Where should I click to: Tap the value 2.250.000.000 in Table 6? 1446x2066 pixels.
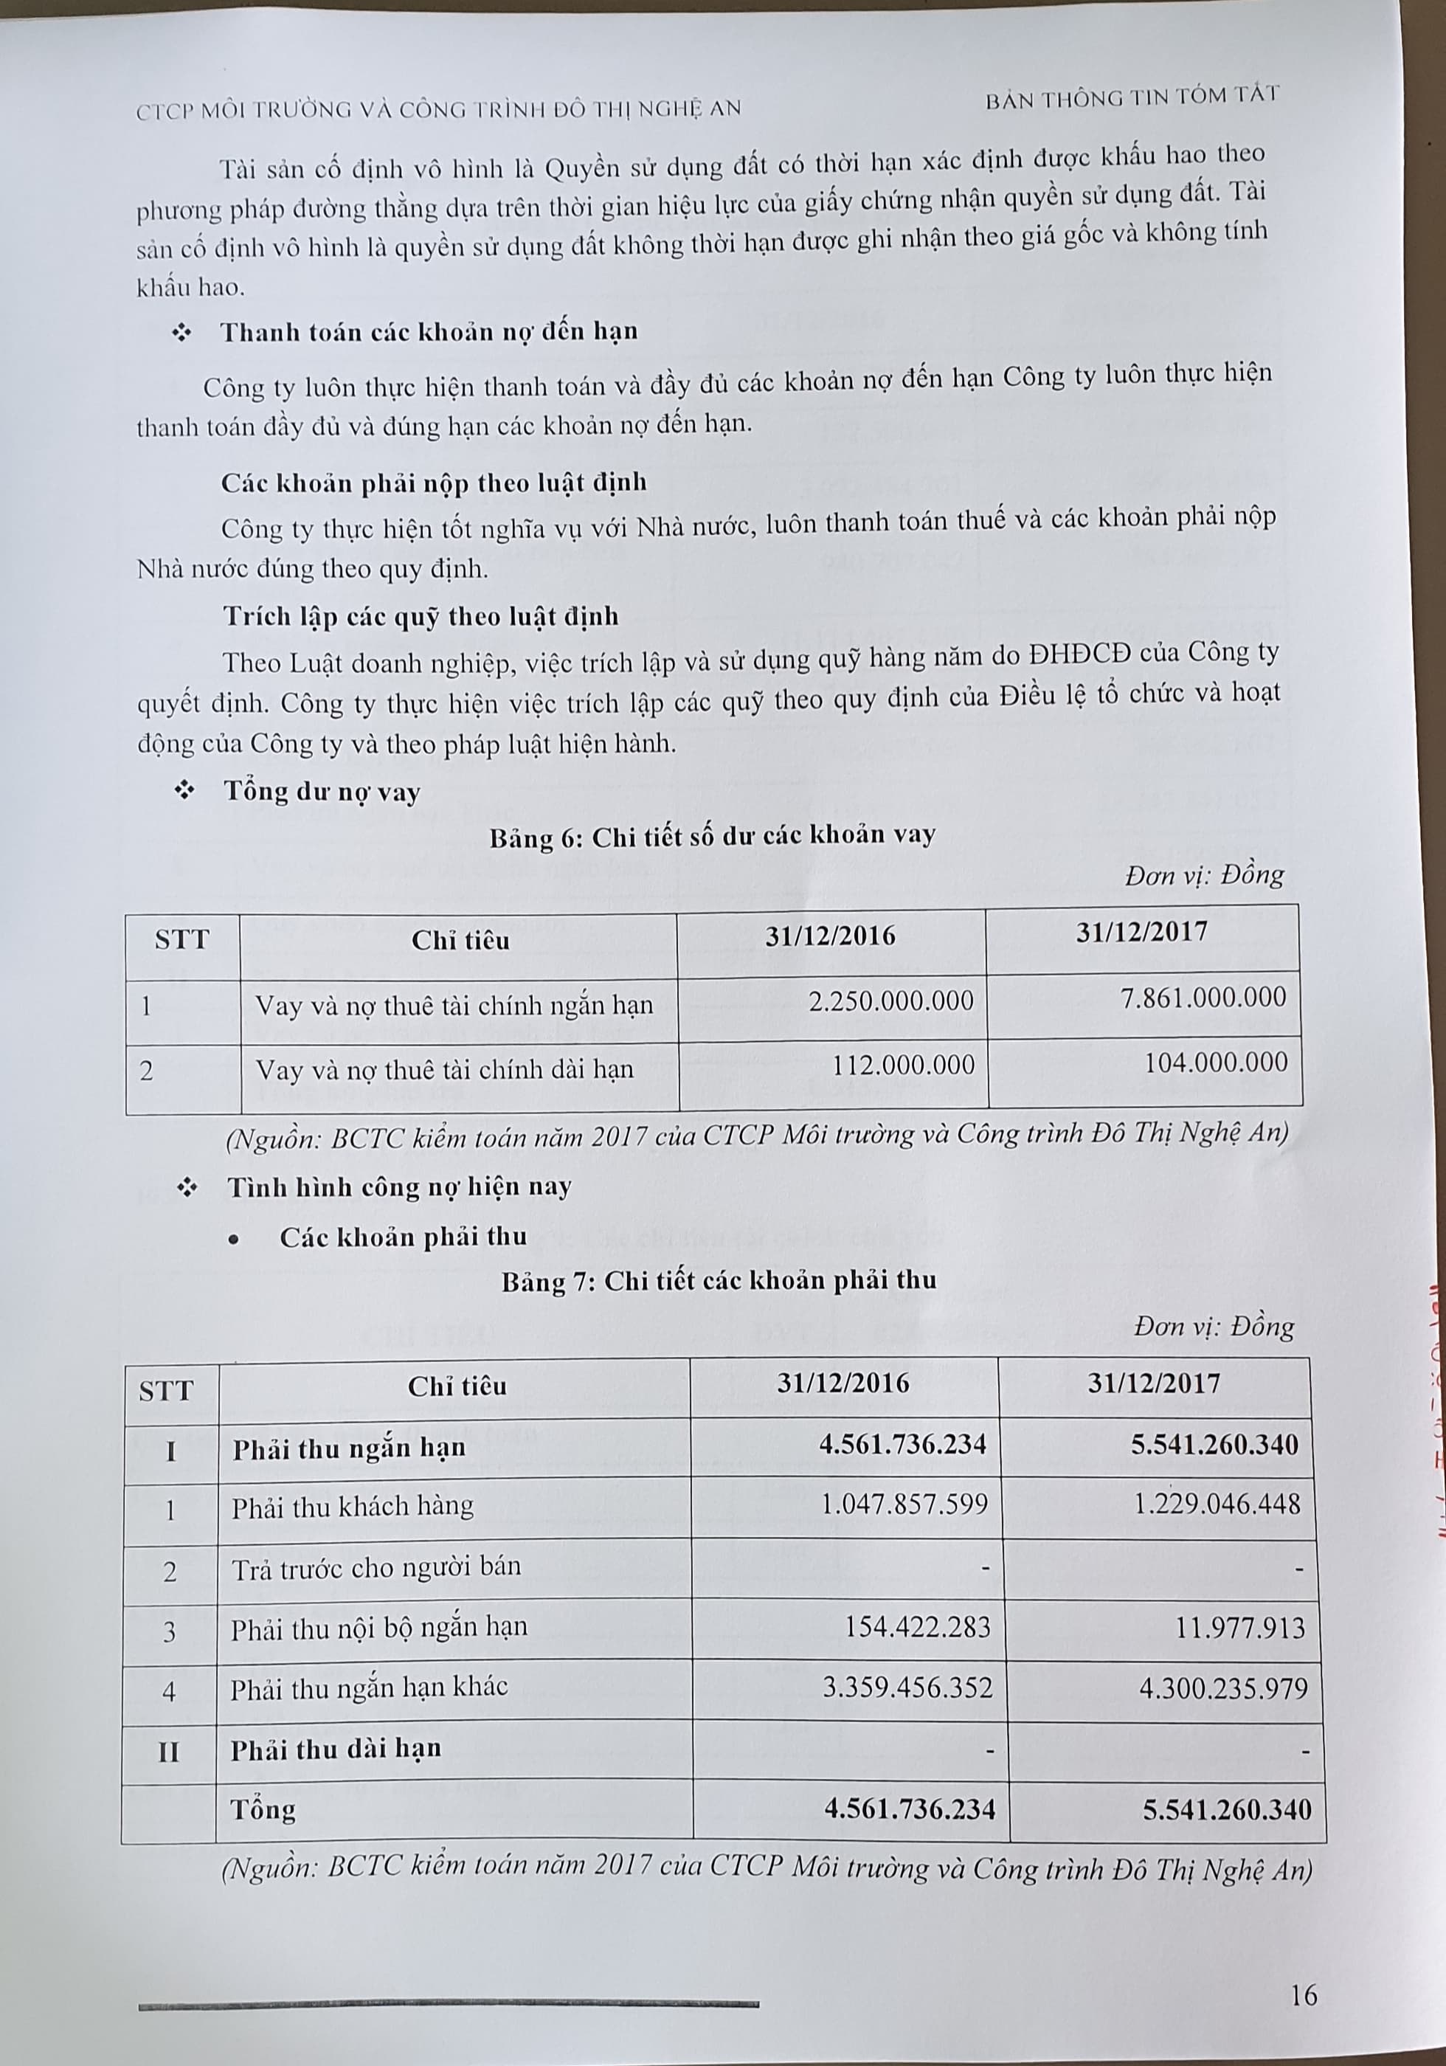[x=890, y=1001]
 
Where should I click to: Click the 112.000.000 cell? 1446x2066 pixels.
[x=902, y=1065]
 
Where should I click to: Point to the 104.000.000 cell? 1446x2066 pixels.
[x=1216, y=1063]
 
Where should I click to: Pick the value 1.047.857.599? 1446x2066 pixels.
[x=904, y=1503]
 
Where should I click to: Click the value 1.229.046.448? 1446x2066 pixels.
[x=1217, y=1503]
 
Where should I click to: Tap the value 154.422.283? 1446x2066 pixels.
[x=917, y=1626]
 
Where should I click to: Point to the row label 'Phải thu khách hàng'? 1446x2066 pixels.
[x=352, y=1506]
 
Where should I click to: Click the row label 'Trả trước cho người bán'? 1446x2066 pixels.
[x=376, y=1566]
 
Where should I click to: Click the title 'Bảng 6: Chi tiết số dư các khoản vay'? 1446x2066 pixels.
[x=712, y=837]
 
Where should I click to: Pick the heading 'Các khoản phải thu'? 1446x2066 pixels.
[x=403, y=1237]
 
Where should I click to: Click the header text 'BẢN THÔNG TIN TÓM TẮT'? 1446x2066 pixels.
[x=1131, y=97]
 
